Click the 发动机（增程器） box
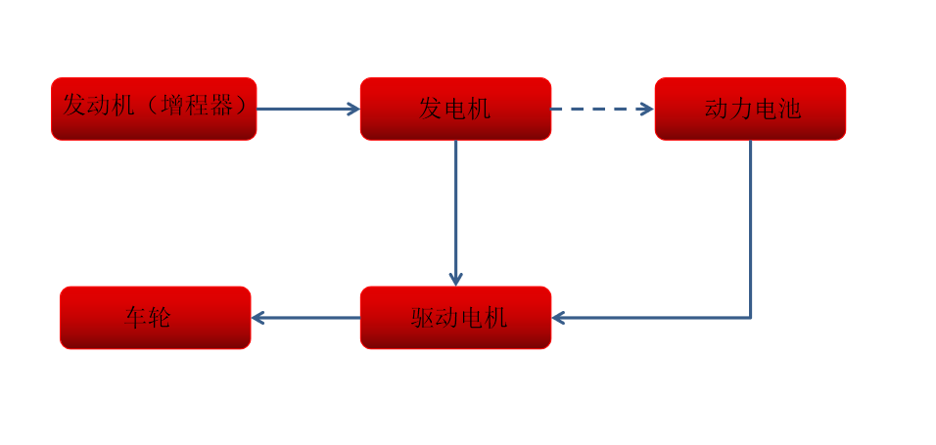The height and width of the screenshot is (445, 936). pyautogui.click(x=154, y=109)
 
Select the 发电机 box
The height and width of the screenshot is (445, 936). pyautogui.click(x=455, y=109)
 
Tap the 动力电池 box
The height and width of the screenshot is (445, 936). pyautogui.click(x=750, y=109)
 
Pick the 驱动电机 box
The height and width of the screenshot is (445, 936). pyautogui.click(x=455, y=318)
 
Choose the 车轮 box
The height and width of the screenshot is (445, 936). pyautogui.click(x=155, y=318)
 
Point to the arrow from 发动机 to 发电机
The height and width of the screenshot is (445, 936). pyautogui.click(x=305, y=109)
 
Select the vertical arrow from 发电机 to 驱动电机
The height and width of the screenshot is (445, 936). pyautogui.click(x=455, y=210)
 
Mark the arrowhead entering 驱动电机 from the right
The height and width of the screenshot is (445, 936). pyautogui.click(x=559, y=318)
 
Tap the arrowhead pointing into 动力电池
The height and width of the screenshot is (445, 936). pyautogui.click(x=646, y=109)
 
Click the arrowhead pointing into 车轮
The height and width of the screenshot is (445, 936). pyautogui.click(x=258, y=318)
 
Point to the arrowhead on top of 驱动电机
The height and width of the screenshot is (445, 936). pyautogui.click(x=455, y=279)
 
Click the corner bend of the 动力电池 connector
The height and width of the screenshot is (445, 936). pyautogui.click(x=750, y=318)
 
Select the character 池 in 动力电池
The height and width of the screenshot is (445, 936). pyautogui.click(x=789, y=109)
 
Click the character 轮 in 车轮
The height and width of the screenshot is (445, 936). pyautogui.click(x=160, y=318)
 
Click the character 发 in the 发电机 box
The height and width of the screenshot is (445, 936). pyautogui.click(x=431, y=109)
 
